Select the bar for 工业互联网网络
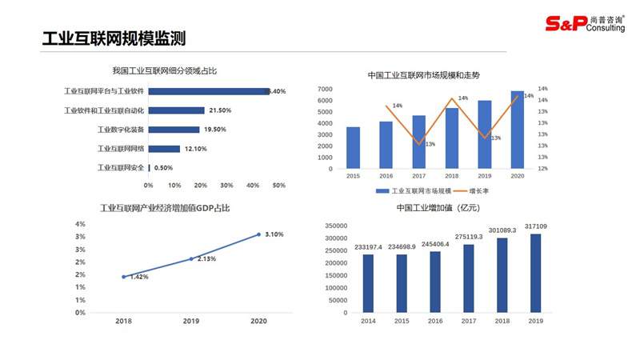(x=164, y=149)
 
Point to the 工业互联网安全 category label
(x=121, y=168)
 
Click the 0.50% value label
(x=163, y=168)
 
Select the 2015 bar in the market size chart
(x=353, y=148)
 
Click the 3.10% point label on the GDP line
(x=275, y=234)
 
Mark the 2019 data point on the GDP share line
(x=191, y=258)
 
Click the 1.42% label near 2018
(x=139, y=277)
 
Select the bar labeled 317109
(x=535, y=273)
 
